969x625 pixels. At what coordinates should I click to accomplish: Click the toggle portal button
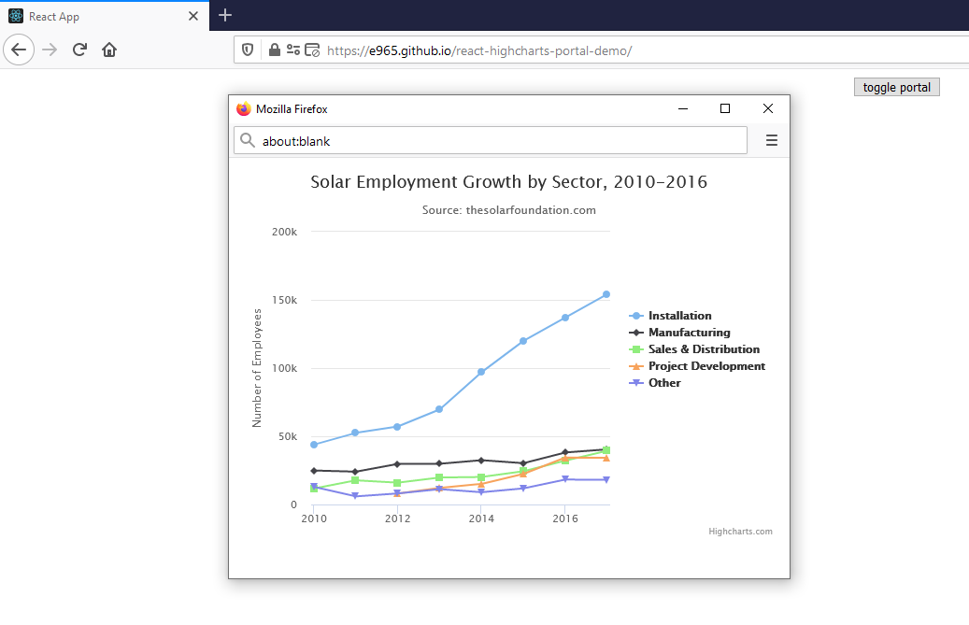896,87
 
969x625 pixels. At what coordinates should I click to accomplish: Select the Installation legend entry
679,316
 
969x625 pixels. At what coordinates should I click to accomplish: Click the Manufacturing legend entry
689,333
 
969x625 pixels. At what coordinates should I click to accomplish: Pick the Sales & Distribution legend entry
704,349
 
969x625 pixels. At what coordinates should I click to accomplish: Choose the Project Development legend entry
706,366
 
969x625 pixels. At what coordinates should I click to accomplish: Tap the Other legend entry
664,383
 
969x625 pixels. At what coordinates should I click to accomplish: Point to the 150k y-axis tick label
284,300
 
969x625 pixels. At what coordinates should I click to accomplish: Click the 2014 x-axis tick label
480,518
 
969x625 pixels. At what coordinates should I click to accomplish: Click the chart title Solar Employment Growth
508,182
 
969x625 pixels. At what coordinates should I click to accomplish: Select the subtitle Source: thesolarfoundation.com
508,210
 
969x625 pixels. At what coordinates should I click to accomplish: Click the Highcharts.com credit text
740,532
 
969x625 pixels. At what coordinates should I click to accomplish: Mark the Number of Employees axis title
257,368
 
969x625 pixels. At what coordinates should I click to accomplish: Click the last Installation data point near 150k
606,294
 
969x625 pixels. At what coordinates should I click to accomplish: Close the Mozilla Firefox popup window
768,109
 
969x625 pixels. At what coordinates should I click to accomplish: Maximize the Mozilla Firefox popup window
725,109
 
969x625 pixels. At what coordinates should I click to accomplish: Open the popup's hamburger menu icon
772,141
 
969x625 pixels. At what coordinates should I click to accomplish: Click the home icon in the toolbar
109,50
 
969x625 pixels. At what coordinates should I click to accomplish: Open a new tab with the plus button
225,16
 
